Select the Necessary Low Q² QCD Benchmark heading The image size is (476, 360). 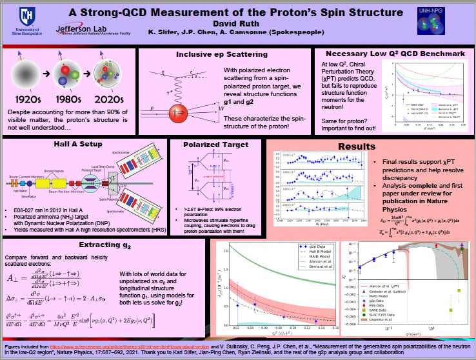[x=394, y=53]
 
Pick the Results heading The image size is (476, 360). [x=355, y=146]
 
